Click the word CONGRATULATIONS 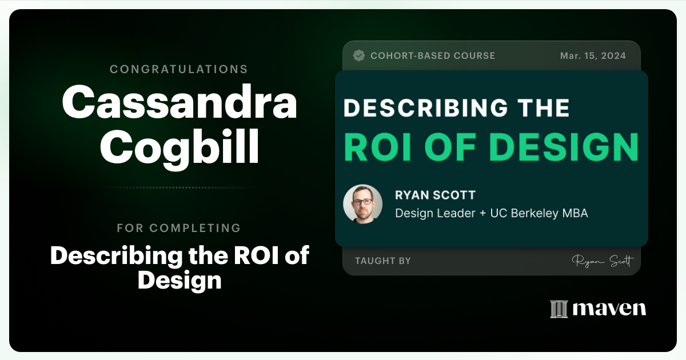pyautogui.click(x=179, y=69)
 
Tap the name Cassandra pyautogui.click(x=179, y=103)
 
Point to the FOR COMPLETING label pyautogui.click(x=179, y=228)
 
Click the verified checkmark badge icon pyautogui.click(x=359, y=55)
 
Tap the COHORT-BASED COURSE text pyautogui.click(x=433, y=55)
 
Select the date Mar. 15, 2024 pyautogui.click(x=592, y=55)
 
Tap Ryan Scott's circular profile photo pyautogui.click(x=362, y=204)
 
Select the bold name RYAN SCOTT pyautogui.click(x=435, y=195)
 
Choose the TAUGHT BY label pyautogui.click(x=382, y=261)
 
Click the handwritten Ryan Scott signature pyautogui.click(x=602, y=261)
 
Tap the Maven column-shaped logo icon pyautogui.click(x=559, y=309)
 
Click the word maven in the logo pyautogui.click(x=609, y=309)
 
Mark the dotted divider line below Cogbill pyautogui.click(x=179, y=187)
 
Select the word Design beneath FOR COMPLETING pyautogui.click(x=179, y=280)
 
